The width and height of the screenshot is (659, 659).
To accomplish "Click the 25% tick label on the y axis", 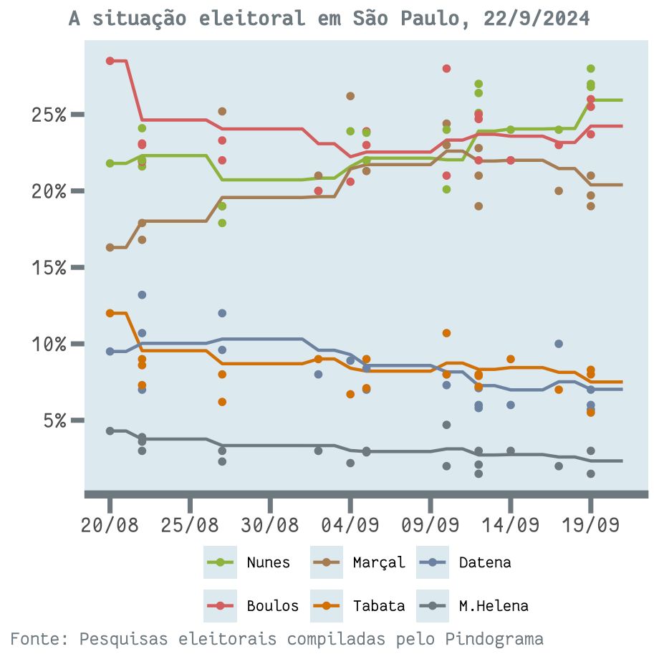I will [49, 115].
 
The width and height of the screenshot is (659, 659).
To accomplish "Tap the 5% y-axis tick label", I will [53, 420].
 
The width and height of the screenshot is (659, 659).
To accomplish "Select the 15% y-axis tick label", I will [49, 268].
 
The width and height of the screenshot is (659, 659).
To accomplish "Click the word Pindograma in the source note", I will [494, 638].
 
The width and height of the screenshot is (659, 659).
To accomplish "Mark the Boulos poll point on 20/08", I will [110, 61].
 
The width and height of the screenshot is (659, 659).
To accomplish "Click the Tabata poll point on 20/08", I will [110, 313].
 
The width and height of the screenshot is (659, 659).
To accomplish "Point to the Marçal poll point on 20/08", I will [110, 247].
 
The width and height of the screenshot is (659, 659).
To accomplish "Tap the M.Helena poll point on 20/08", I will [110, 430].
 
